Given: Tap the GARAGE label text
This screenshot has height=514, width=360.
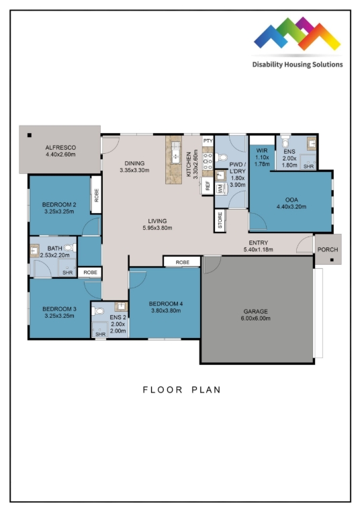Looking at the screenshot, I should (x=255, y=311).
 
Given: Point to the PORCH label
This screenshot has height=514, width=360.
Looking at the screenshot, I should (x=328, y=249).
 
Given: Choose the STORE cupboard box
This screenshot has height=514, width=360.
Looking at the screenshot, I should (x=220, y=221).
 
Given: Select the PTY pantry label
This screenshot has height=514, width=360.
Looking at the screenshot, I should (x=208, y=141).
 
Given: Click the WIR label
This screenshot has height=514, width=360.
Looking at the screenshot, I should (x=262, y=151).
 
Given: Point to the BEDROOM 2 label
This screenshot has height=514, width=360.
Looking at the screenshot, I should (x=58, y=204).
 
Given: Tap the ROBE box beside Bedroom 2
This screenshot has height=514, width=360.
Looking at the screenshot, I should (x=97, y=195).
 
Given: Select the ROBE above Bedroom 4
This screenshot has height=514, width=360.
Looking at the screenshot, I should (x=181, y=261).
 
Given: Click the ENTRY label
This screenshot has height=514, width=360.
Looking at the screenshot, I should (x=259, y=243).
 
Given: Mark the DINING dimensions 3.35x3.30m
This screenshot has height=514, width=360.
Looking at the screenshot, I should (x=134, y=171).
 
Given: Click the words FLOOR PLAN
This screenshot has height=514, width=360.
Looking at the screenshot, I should (x=181, y=390).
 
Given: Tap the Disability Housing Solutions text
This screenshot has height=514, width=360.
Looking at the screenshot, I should (x=298, y=65).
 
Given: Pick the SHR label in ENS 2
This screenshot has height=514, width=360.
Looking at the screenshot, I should (x=100, y=334).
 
